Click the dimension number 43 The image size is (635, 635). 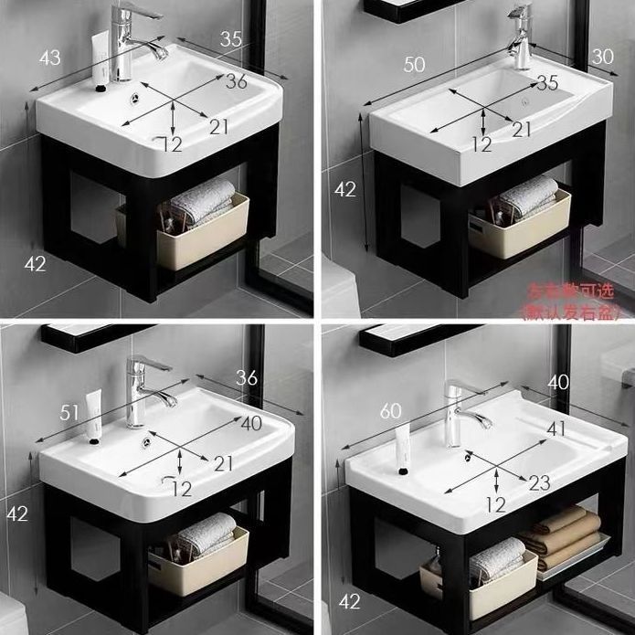[49, 58]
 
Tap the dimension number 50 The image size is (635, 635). [415, 64]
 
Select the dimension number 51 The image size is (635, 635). [69, 414]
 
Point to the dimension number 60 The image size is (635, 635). [391, 412]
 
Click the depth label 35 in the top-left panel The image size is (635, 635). [231, 38]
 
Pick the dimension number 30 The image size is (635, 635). [602, 57]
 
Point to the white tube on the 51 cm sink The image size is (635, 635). [94, 416]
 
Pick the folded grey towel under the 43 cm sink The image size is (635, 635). [203, 200]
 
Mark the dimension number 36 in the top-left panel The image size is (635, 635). [237, 81]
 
